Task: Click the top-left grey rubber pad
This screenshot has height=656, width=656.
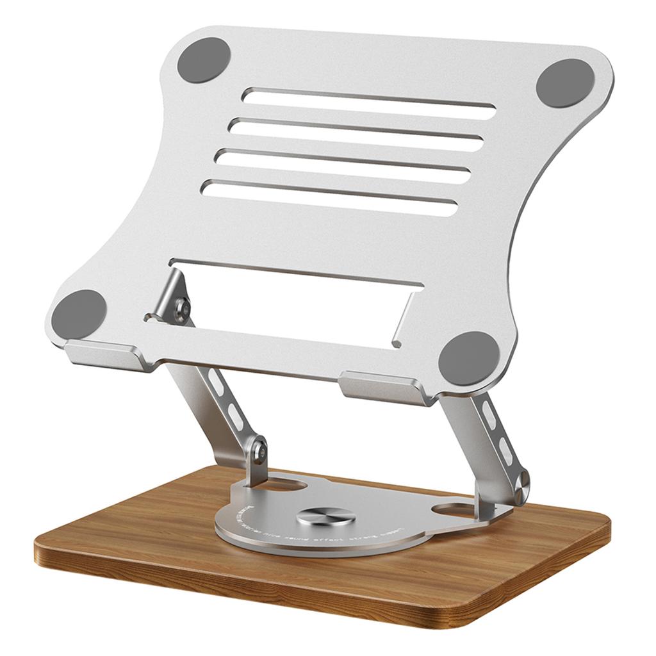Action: coord(203,60)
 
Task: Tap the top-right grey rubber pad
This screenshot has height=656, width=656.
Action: coord(565,82)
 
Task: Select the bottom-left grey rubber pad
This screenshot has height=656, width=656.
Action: coord(79,314)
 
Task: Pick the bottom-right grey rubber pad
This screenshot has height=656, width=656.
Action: coord(469,358)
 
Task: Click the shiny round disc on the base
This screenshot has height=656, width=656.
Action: coord(326,516)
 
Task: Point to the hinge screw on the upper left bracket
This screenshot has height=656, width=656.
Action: coord(183,309)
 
